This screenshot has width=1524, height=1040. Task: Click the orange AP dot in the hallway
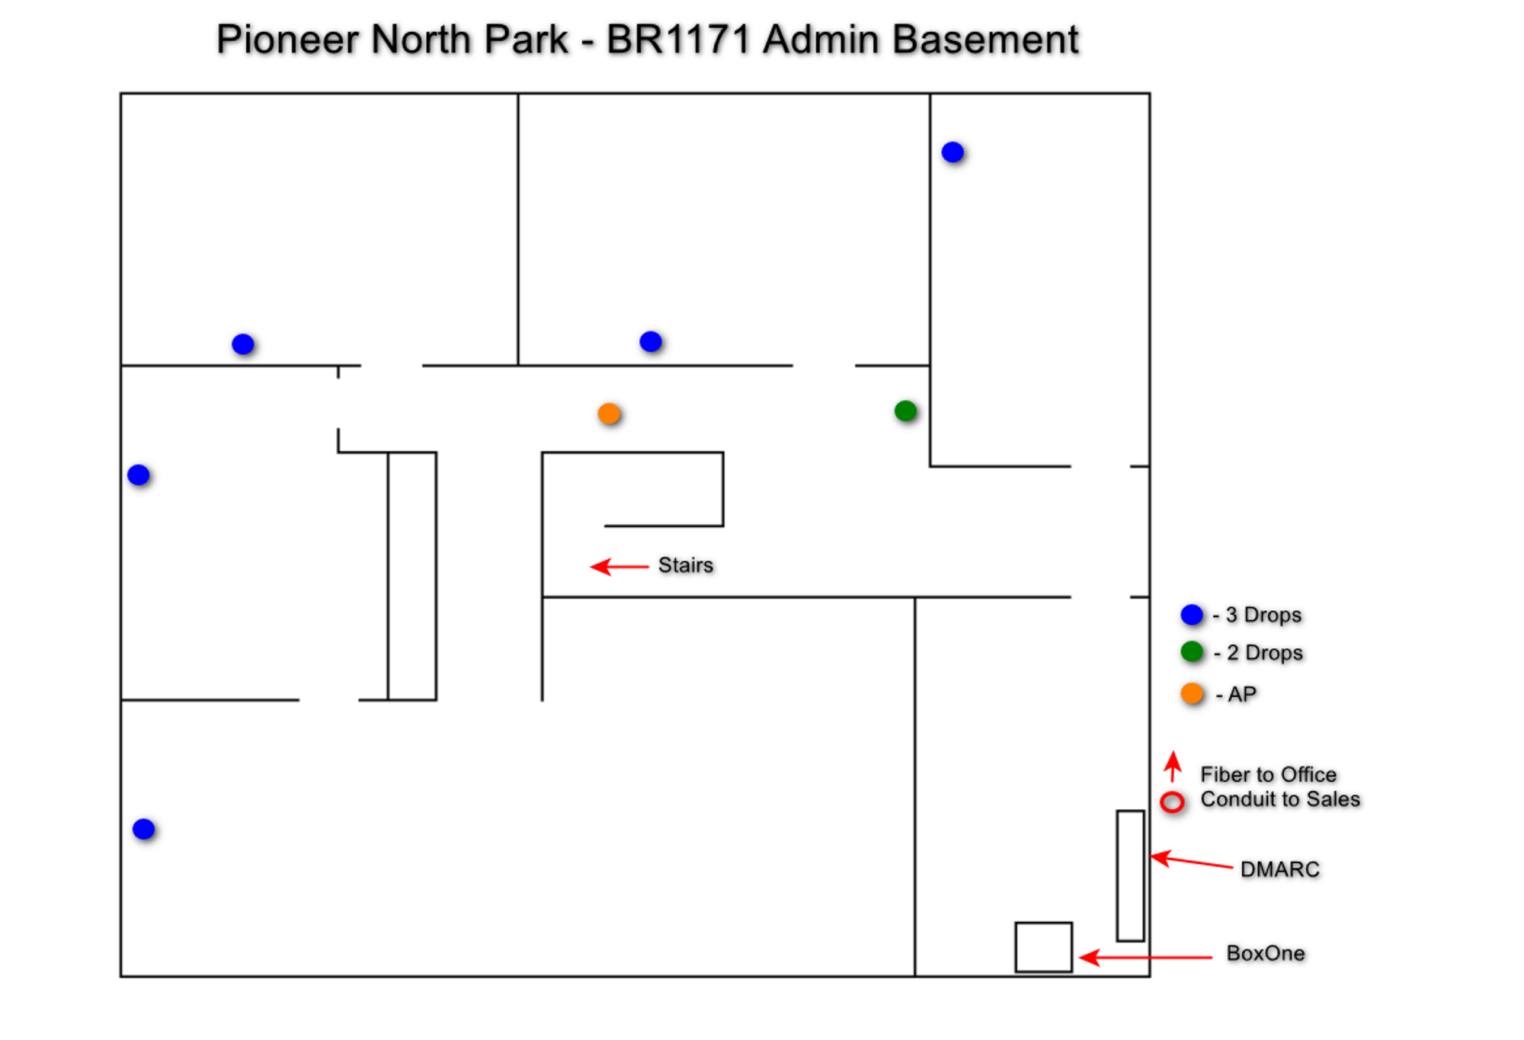(609, 414)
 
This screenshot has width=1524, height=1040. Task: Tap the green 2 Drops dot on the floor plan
(905, 411)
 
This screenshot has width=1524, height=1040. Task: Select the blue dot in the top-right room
(952, 152)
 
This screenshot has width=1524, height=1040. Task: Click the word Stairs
(686, 565)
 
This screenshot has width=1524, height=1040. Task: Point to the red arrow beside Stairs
(620, 566)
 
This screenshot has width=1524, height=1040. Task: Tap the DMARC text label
(1279, 869)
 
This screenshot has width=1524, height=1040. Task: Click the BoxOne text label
(1266, 953)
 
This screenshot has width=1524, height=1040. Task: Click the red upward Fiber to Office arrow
(1173, 766)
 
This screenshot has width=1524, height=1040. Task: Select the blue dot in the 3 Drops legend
(1192, 614)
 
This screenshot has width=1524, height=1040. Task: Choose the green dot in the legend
(1192, 652)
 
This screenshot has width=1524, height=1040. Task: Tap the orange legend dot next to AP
(1192, 693)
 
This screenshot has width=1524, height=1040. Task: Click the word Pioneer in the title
(287, 39)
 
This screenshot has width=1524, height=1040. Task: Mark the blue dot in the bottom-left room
(143, 829)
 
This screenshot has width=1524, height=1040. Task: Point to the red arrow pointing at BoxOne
(1146, 957)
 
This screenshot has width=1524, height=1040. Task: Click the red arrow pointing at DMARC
(1191, 862)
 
